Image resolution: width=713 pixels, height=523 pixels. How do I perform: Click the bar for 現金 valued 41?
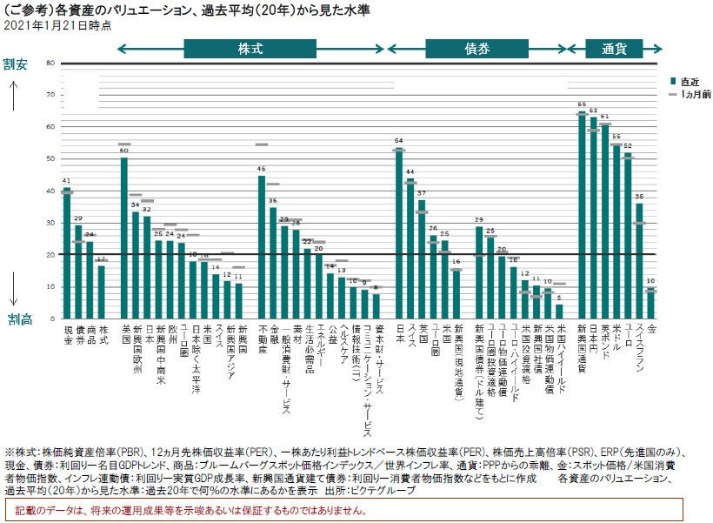pos(67,252)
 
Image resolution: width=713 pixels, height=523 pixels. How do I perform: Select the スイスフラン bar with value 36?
pos(639,260)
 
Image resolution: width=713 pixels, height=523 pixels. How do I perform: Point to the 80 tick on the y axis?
pos(51,63)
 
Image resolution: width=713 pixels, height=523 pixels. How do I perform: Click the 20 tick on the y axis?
pos(51,254)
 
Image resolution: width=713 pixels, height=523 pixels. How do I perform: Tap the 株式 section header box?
pos(250,49)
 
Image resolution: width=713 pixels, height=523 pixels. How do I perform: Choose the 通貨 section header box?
pos(615,49)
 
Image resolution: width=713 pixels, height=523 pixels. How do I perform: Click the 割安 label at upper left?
pos(16,64)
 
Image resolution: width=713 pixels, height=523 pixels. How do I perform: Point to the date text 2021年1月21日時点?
pos(57,26)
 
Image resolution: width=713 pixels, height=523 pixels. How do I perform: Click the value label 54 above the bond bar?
pos(398,140)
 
